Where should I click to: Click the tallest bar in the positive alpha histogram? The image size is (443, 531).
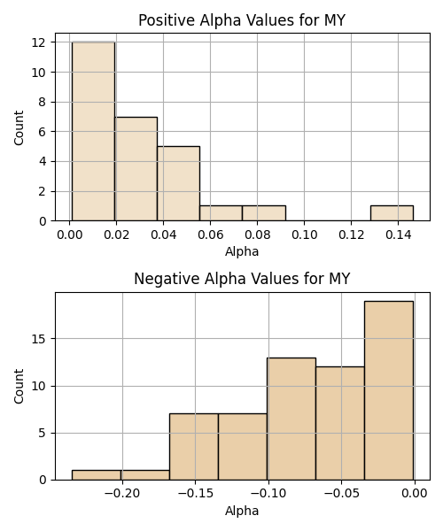pos(94,131)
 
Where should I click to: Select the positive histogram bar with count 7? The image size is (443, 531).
pos(136,169)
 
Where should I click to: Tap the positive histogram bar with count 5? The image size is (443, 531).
pos(179,183)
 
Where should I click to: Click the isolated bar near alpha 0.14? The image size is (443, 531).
pos(392,213)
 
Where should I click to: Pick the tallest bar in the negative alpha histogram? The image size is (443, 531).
pos(389,390)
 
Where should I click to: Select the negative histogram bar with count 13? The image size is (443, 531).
pos(291,419)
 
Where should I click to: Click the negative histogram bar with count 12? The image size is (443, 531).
pos(340,423)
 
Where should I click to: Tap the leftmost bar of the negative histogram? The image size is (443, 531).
pos(97,475)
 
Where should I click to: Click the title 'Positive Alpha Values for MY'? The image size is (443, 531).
pos(242,20)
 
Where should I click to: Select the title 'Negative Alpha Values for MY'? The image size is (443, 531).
pos(242,279)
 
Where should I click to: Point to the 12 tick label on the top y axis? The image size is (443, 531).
pos(39,42)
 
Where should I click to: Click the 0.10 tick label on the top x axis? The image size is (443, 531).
pos(305,235)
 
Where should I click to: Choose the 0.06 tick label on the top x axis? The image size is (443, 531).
pos(211,235)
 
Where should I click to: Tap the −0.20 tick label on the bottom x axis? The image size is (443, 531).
pos(122,494)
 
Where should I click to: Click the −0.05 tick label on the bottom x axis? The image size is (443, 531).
pos(341,494)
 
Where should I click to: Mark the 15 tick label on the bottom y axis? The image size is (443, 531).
pos(39,339)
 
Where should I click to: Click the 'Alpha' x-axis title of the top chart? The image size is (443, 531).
pos(242,251)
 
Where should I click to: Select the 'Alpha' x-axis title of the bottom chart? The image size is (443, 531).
pos(242,511)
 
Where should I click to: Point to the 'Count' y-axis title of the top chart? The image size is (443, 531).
pos(19,127)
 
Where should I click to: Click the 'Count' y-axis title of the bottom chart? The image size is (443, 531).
pos(19,387)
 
